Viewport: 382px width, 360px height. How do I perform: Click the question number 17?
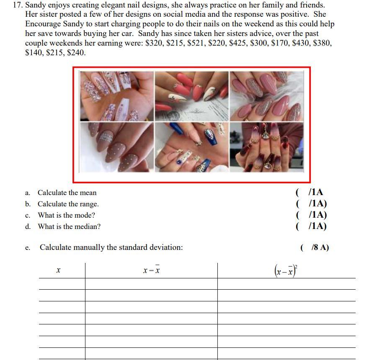tap(18, 5)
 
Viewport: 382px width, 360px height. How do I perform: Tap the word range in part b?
tap(90, 204)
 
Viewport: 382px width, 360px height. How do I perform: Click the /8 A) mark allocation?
tap(320, 247)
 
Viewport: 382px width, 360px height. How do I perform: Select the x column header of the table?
tap(58, 270)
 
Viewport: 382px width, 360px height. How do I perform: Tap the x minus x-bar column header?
tap(151, 270)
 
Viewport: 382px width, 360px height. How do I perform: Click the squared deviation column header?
tap(286, 271)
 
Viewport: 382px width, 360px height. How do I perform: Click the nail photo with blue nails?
tap(192, 147)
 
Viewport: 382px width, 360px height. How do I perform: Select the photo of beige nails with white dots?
tap(117, 147)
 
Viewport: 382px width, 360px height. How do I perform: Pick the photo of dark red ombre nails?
tap(266, 147)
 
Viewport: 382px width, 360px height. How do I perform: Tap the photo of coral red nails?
tap(192, 96)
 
